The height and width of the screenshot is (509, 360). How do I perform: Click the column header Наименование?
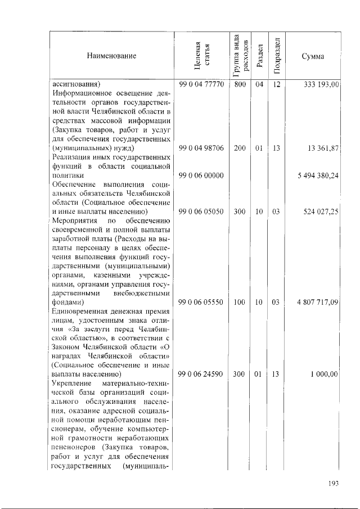tap(111, 56)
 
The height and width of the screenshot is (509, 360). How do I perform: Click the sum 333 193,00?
tap(319, 85)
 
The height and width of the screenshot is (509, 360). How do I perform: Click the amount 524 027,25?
tap(319, 211)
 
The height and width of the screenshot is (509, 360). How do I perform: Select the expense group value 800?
tap(240, 85)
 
